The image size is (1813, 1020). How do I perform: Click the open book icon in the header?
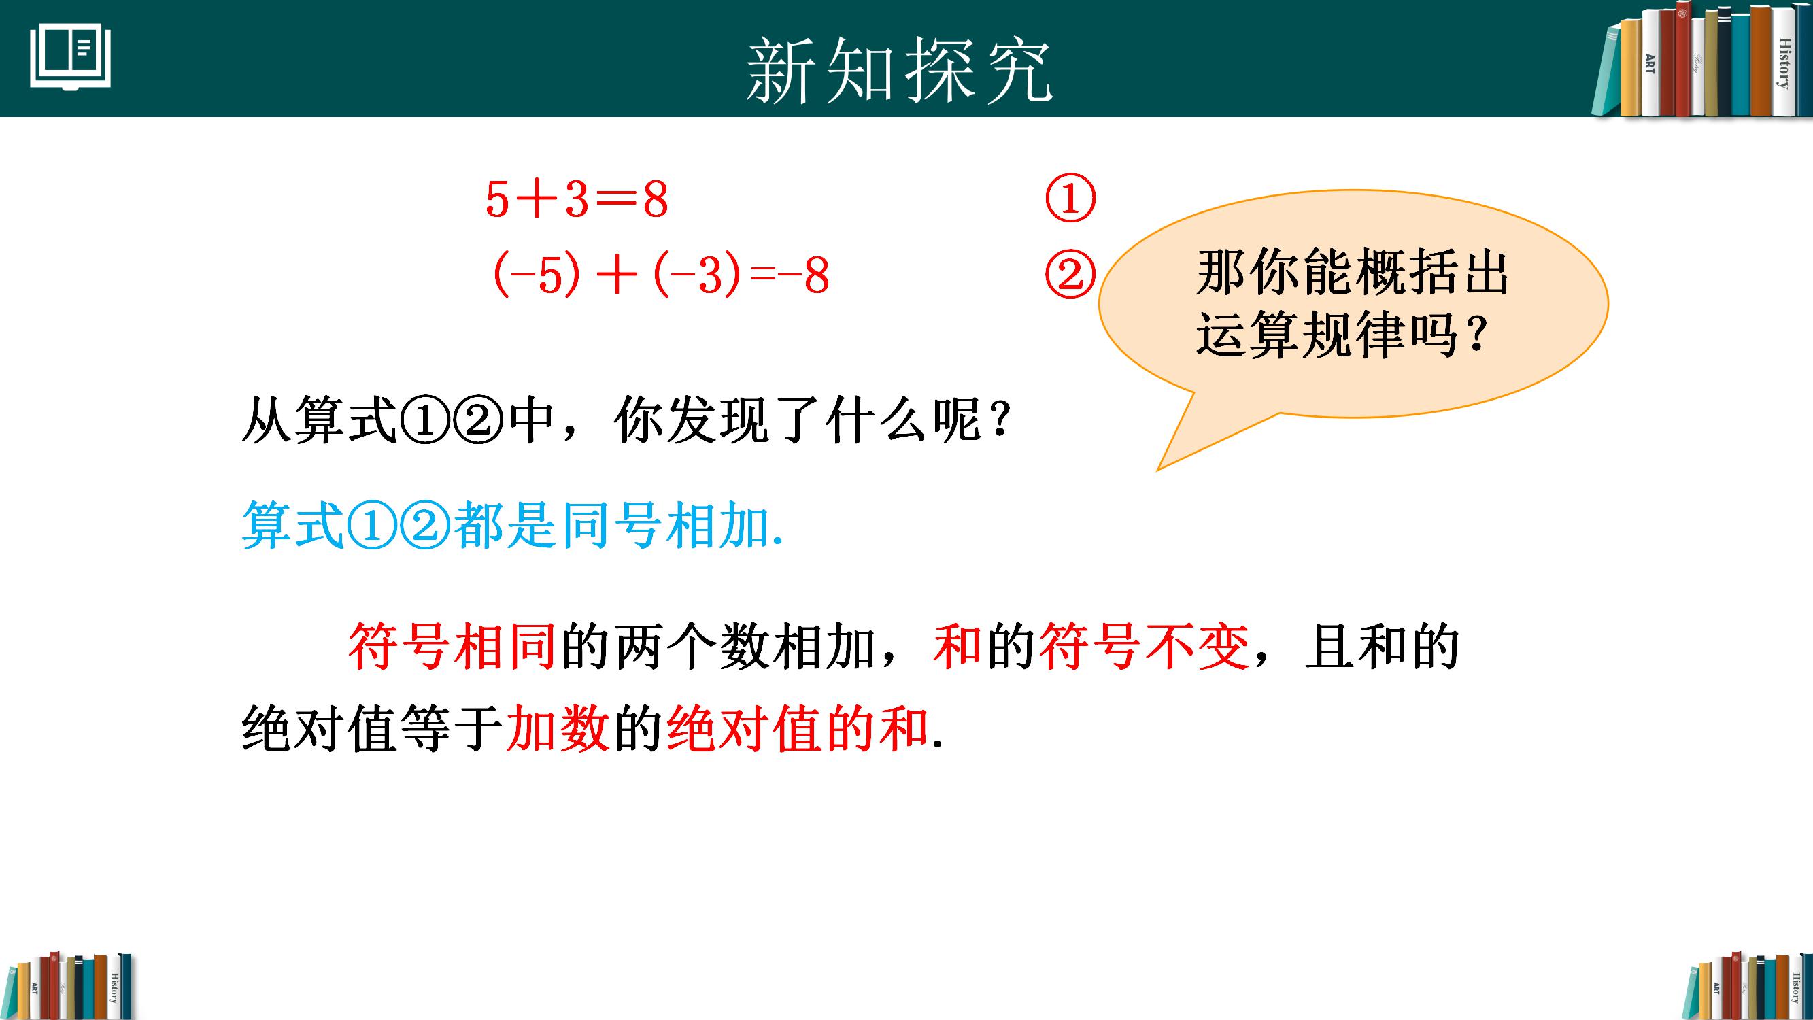[x=70, y=58]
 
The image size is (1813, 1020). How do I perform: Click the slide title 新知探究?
[x=899, y=71]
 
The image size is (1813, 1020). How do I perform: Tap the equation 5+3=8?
[x=577, y=199]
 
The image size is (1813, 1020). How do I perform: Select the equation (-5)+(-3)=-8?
[x=662, y=275]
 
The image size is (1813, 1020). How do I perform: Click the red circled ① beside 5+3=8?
[x=1070, y=199]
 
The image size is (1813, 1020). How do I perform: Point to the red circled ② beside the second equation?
[x=1070, y=275]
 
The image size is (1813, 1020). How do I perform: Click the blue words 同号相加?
[x=665, y=526]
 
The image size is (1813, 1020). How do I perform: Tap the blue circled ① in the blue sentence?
[x=372, y=526]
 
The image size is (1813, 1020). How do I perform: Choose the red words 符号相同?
[x=452, y=646]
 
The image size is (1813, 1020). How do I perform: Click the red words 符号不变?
[x=1143, y=646]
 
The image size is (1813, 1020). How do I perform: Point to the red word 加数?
[x=558, y=728]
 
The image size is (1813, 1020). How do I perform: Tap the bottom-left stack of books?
[x=70, y=985]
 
